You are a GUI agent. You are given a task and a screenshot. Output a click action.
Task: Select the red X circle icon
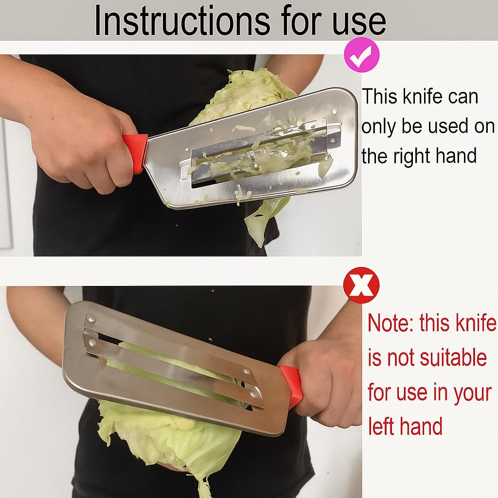click(x=361, y=285)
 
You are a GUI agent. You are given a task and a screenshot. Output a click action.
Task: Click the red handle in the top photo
click(x=135, y=152)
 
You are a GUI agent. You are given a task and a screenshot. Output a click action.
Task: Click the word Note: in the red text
click(x=390, y=323)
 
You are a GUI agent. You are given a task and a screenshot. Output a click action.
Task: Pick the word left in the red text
click(x=384, y=427)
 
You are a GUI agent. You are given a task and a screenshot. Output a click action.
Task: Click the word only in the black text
click(x=378, y=127)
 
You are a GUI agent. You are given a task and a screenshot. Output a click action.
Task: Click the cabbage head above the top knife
click(x=243, y=92)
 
